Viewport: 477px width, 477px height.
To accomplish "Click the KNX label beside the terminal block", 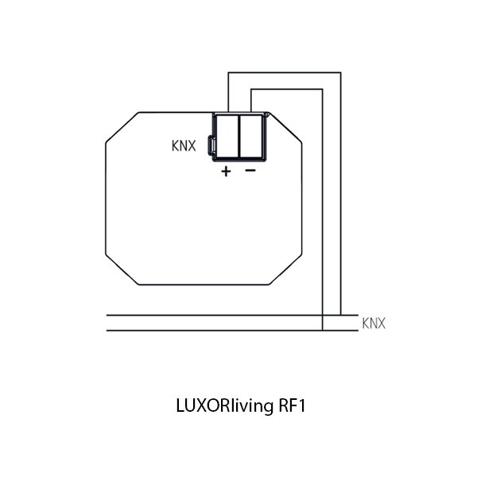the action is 184,145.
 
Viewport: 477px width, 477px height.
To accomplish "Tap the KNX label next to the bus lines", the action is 374,323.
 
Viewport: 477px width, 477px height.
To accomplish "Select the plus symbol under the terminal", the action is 226,172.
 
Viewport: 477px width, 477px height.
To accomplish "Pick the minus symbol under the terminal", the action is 250,170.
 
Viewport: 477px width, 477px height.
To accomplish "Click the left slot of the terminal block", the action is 227,136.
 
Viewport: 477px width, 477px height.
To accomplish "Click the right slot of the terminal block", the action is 251,136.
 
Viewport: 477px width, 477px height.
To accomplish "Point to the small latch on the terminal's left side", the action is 211,145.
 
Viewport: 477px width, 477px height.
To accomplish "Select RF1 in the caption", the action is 292,405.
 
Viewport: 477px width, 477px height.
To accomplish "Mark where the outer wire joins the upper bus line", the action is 341,316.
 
